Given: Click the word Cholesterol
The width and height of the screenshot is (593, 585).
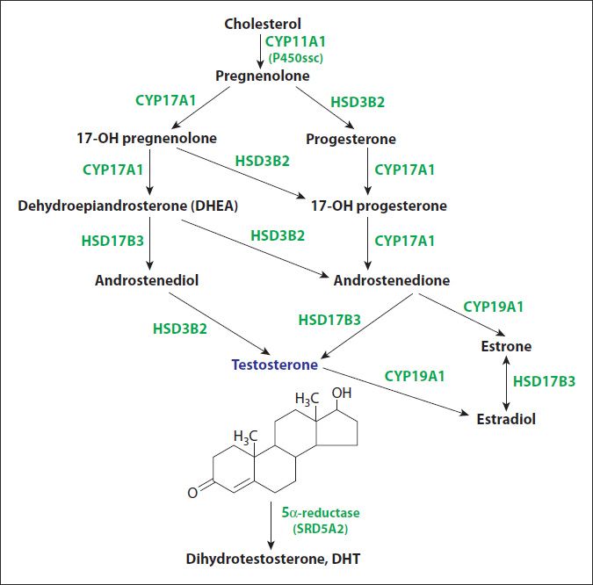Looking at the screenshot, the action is [x=263, y=24].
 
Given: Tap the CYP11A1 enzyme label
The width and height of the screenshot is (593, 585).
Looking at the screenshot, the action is [x=295, y=41].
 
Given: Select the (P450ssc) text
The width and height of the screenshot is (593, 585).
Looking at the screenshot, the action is [x=296, y=58].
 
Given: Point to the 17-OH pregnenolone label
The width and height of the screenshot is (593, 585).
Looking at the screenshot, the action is [x=147, y=138].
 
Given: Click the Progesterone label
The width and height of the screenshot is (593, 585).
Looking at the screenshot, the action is [x=351, y=139].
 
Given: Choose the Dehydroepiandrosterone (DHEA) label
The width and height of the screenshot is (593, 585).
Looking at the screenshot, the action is [x=128, y=206].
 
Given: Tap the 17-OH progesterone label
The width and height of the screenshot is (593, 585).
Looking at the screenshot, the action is [x=379, y=206].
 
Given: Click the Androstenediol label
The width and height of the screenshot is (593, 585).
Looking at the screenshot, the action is [x=147, y=280].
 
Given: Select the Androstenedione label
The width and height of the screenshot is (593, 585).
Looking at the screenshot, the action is [x=392, y=280].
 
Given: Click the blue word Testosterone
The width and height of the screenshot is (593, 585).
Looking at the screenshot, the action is [x=275, y=365].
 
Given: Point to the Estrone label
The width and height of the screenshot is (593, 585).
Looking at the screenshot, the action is [x=506, y=346].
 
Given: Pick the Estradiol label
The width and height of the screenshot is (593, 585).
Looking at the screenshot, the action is [x=506, y=419].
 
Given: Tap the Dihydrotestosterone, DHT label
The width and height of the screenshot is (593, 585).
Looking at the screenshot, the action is [x=272, y=559].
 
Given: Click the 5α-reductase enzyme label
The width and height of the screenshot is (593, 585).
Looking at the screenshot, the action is [x=321, y=513].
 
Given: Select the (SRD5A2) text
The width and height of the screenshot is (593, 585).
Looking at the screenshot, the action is [x=321, y=529].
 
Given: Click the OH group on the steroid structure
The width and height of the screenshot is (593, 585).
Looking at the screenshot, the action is [x=342, y=394].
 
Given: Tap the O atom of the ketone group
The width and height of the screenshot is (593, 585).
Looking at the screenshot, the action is [x=192, y=493].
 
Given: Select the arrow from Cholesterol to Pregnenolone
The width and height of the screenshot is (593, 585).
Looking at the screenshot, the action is [x=260, y=52].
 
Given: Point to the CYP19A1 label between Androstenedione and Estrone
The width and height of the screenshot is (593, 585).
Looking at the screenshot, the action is [x=493, y=307].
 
